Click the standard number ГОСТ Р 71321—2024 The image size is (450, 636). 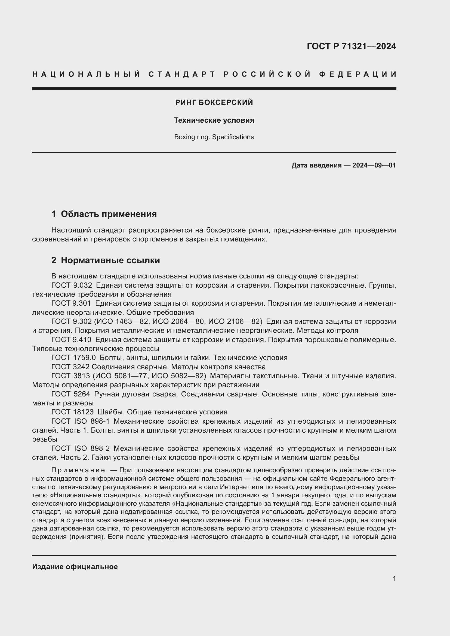(x=351, y=46)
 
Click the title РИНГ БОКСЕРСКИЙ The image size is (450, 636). (x=214, y=103)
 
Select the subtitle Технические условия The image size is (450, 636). (x=214, y=120)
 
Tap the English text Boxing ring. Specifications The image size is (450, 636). (x=214, y=137)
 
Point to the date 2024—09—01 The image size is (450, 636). (x=374, y=165)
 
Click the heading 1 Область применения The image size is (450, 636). (x=104, y=214)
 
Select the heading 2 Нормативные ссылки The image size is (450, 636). (x=106, y=260)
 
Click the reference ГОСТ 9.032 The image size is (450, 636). (x=72, y=285)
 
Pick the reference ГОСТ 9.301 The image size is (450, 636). (x=71, y=303)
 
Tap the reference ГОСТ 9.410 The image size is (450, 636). (x=71, y=340)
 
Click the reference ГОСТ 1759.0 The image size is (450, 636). (x=73, y=358)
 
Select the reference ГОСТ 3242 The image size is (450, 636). (x=70, y=367)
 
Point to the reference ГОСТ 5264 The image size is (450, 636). (x=70, y=394)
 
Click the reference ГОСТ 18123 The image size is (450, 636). (x=72, y=412)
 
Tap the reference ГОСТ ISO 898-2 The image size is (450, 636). (x=80, y=448)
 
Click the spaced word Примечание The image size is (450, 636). (x=78, y=470)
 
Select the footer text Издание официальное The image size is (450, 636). (x=75, y=567)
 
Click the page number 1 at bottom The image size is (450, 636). (x=394, y=578)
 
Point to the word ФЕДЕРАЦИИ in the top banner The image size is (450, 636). (x=357, y=74)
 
